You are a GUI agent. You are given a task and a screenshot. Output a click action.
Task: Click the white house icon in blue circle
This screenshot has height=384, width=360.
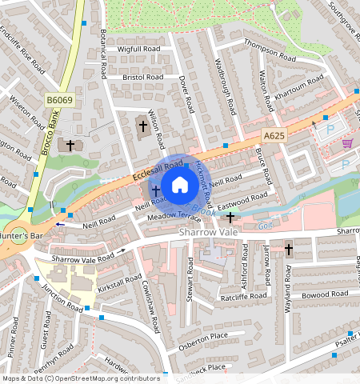(180, 186)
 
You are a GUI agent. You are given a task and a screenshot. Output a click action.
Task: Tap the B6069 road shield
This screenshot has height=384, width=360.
(58, 100)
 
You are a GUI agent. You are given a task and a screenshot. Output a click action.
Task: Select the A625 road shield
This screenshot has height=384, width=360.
(274, 137)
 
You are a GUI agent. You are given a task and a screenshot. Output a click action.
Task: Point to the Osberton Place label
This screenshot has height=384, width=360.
(202, 336)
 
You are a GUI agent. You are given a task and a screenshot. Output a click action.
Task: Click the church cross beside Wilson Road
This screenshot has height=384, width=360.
(142, 125)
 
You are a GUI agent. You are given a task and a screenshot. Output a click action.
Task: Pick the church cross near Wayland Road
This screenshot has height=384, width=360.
(288, 250)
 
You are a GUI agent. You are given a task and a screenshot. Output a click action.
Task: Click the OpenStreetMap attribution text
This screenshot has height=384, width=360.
(81, 378)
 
